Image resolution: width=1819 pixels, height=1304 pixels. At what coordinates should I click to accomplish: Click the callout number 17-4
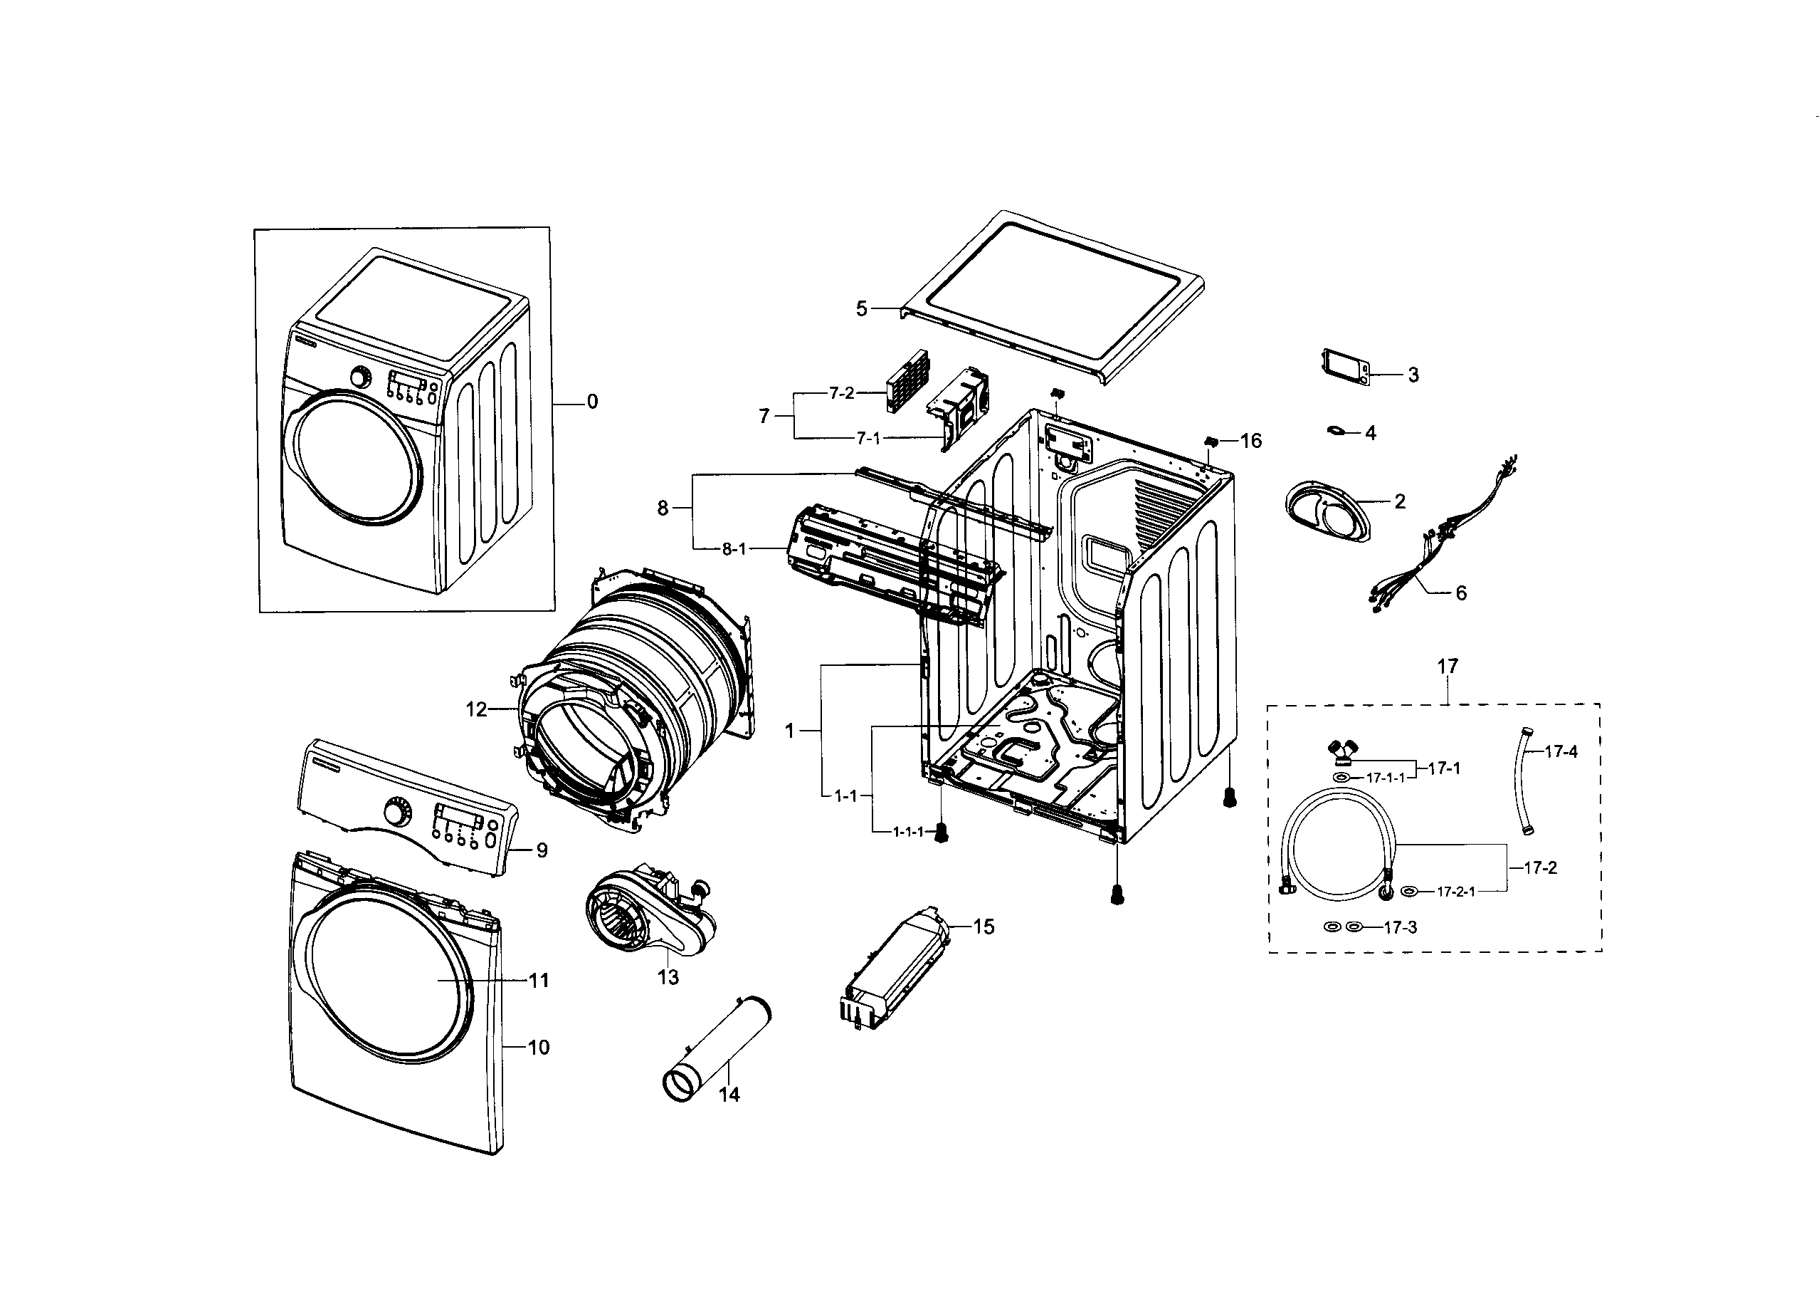tap(1560, 752)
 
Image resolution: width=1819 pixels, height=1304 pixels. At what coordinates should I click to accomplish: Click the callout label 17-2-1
tap(1455, 892)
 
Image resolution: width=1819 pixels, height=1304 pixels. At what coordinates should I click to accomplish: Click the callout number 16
tap(1250, 441)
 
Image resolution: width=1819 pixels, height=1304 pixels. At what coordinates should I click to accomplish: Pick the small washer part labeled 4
tap(1336, 431)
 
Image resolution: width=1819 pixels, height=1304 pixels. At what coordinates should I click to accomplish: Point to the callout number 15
tap(984, 927)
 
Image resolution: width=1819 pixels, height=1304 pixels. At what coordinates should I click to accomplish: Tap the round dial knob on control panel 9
tap(396, 813)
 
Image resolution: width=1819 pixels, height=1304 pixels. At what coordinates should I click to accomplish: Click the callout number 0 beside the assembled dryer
tap(592, 401)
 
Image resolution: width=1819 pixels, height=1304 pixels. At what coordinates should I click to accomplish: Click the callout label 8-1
tap(733, 549)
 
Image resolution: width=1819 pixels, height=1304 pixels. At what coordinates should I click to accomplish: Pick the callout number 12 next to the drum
tap(475, 709)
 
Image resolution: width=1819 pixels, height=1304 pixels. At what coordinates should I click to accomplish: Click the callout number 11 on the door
tap(538, 980)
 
